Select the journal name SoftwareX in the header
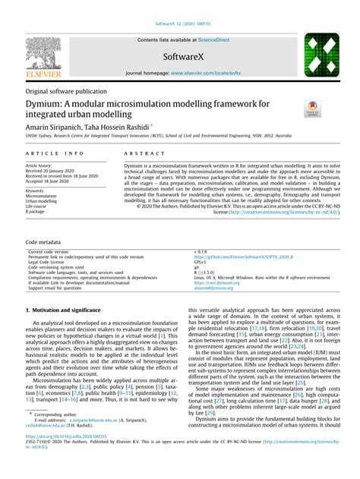180,56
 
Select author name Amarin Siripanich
59,128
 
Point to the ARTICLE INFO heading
49,153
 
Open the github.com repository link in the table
245,256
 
